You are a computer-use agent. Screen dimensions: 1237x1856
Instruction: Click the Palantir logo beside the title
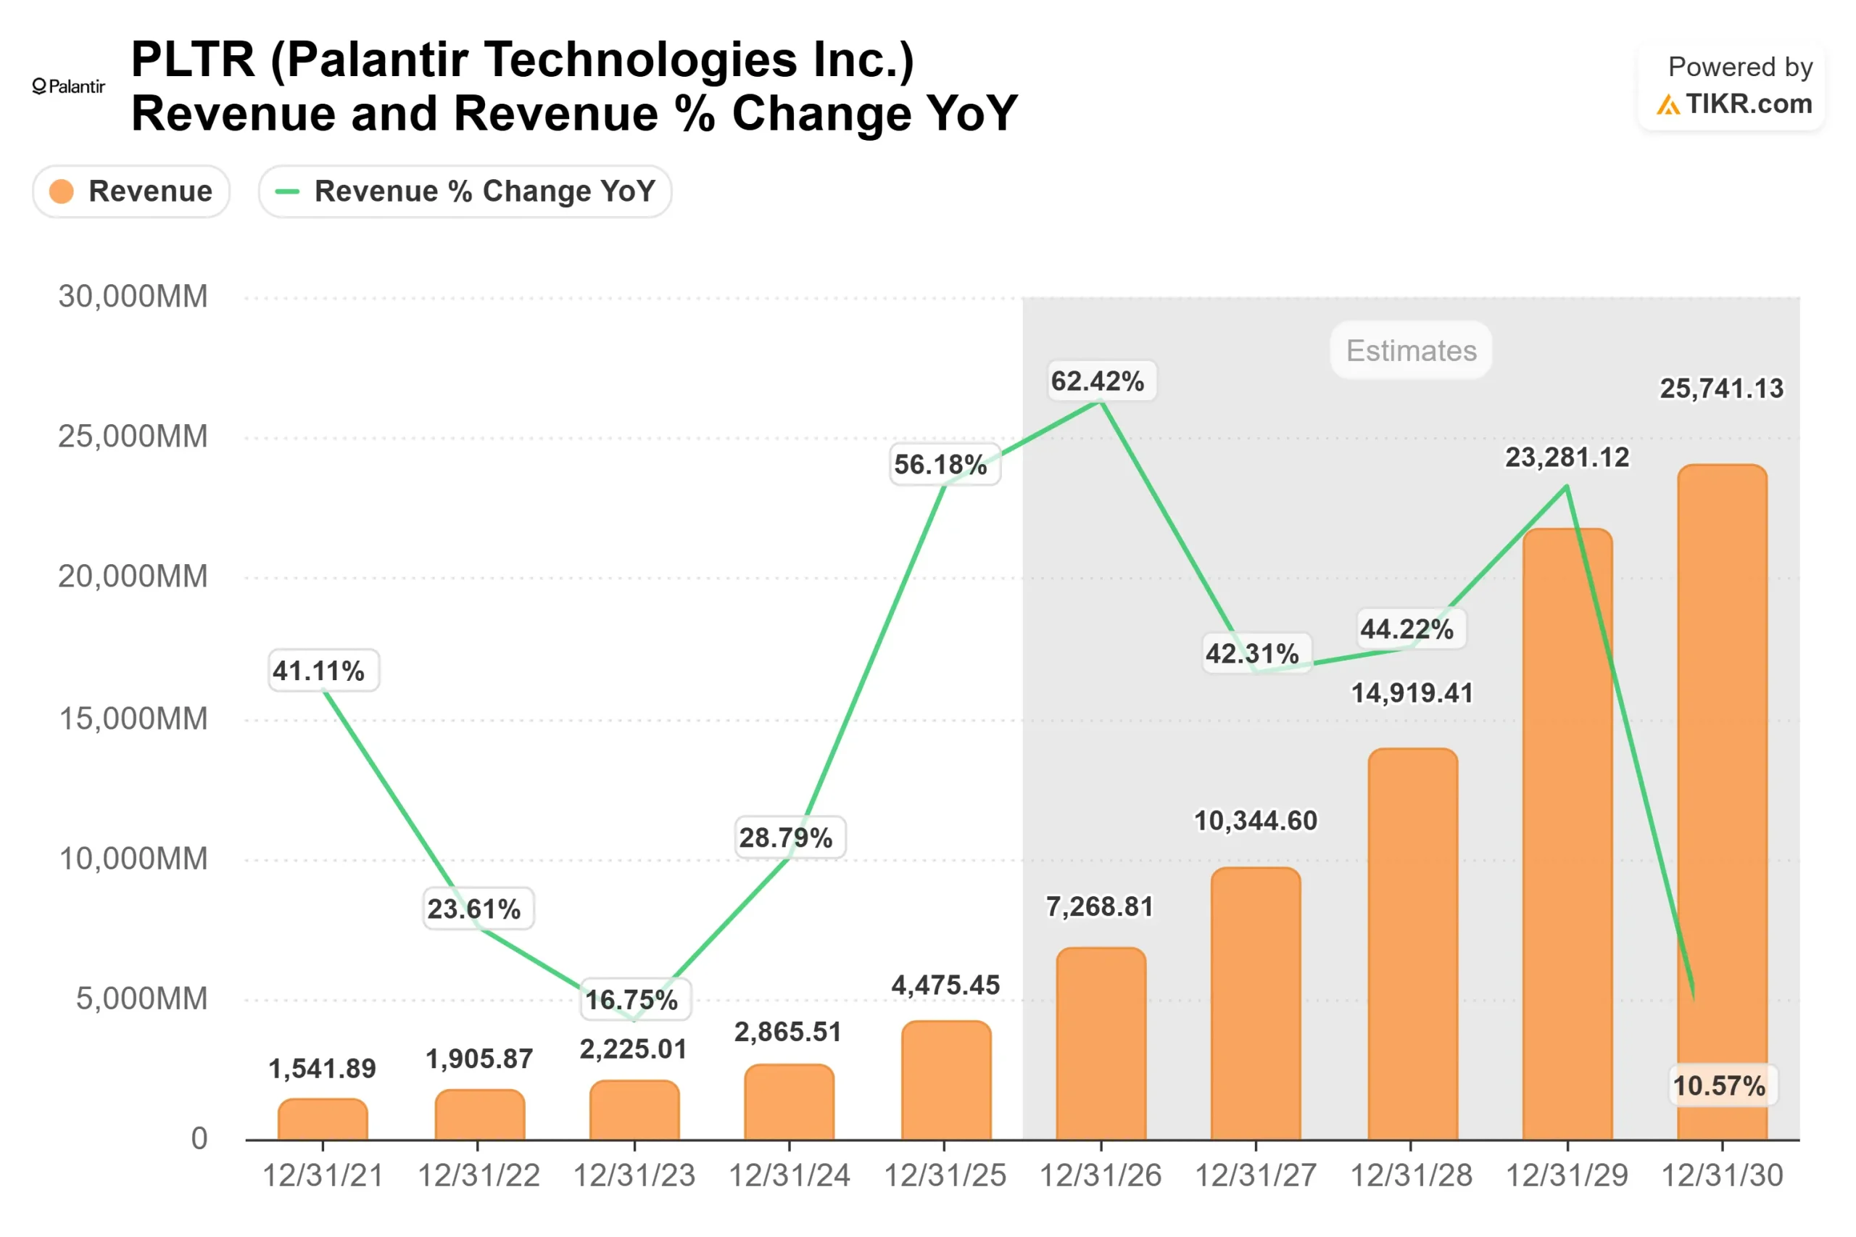click(x=68, y=86)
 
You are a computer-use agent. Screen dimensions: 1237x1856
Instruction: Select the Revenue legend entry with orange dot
click(x=131, y=191)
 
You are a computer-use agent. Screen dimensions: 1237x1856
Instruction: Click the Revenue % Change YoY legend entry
click(x=465, y=191)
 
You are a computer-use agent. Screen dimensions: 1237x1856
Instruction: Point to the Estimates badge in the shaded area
click(x=1410, y=350)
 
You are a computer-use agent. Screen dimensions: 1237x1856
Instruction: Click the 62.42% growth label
click(x=1097, y=381)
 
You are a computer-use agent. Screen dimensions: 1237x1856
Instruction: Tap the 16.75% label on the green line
click(x=631, y=1000)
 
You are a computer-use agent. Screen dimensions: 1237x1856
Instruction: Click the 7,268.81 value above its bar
click(x=1099, y=906)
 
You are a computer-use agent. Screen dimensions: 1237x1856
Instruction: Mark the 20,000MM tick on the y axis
click(x=133, y=576)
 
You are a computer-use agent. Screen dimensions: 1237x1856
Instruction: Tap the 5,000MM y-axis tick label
click(x=141, y=998)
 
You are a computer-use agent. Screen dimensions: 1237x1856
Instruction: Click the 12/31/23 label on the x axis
click(x=634, y=1175)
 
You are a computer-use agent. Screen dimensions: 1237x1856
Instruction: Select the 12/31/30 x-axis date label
click(x=1721, y=1175)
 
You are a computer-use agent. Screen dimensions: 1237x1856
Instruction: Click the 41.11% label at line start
click(x=319, y=671)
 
